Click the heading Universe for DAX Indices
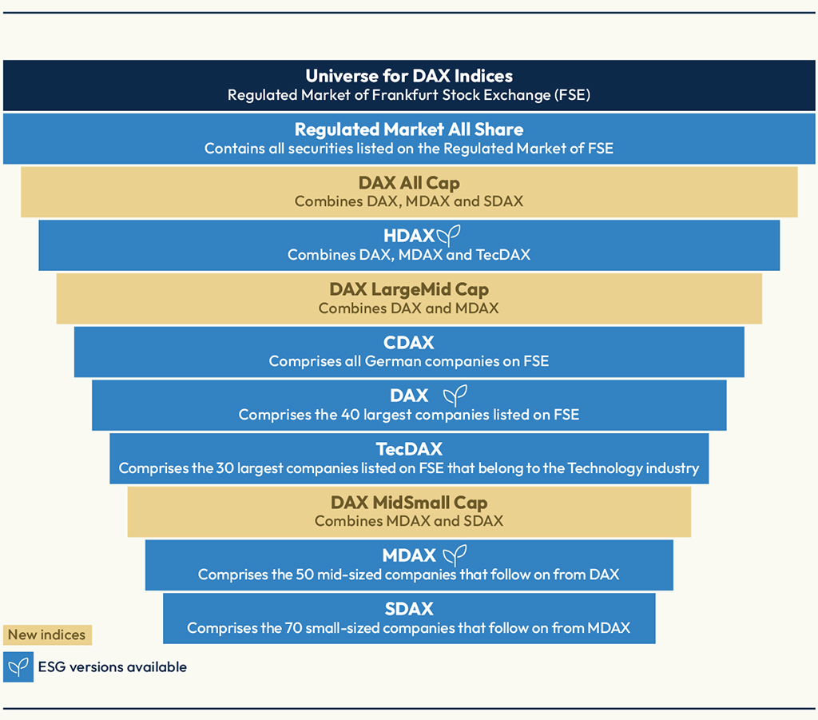click(x=409, y=76)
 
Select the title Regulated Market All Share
click(x=409, y=129)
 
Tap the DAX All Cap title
click(x=409, y=183)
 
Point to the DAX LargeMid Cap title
click(x=409, y=289)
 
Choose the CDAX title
click(x=409, y=343)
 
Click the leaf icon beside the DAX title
click(x=455, y=395)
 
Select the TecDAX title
click(x=409, y=449)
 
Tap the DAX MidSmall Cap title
click(x=409, y=503)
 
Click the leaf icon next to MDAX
click(x=455, y=555)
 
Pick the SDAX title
click(x=409, y=609)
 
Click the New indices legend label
click(x=47, y=635)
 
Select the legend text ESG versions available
click(x=113, y=667)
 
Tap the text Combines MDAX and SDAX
click(x=409, y=521)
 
